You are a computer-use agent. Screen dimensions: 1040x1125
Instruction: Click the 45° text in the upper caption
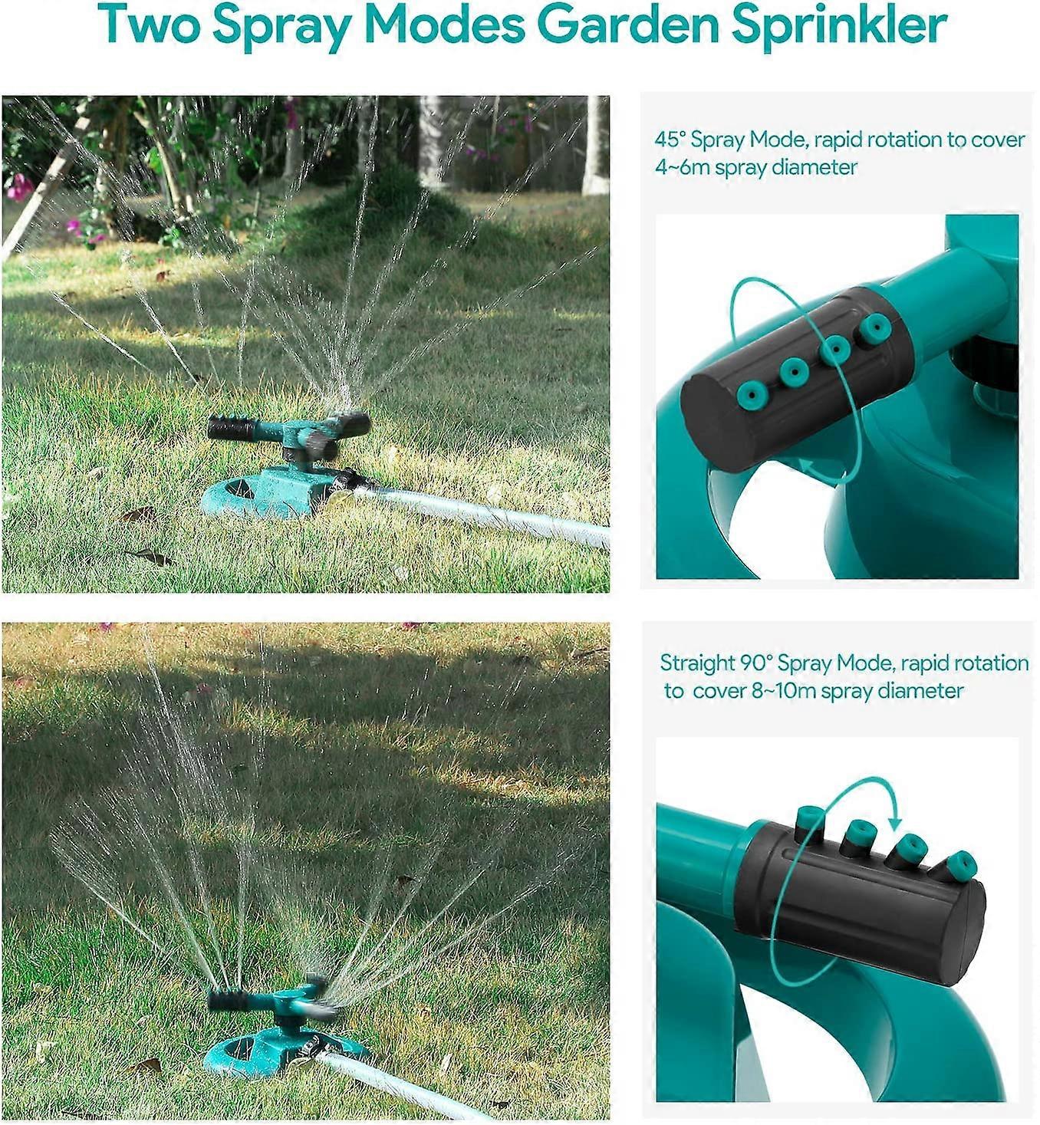tap(670, 140)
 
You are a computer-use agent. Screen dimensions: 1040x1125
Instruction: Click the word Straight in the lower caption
tap(697, 663)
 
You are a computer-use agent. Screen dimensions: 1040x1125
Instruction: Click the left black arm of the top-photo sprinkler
tap(231, 428)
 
